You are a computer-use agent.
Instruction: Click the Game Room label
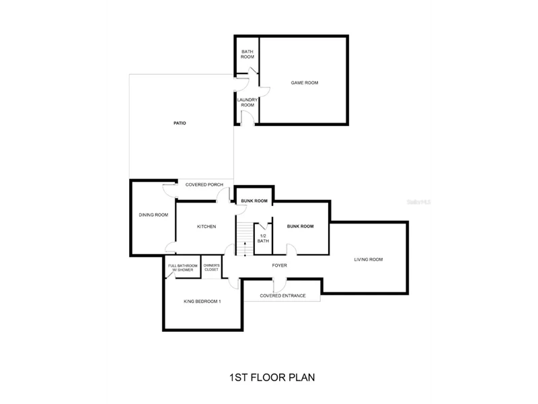point(305,83)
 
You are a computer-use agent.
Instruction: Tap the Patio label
point(180,123)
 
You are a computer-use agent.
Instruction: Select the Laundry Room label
point(247,102)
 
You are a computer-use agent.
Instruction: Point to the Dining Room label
point(153,215)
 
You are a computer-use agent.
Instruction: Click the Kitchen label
point(206,227)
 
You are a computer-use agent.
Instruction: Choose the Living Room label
point(368,260)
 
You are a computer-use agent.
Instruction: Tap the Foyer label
point(279,265)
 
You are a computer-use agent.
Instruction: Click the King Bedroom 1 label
point(202,302)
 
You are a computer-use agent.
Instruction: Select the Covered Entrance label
point(282,296)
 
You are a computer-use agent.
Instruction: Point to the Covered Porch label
point(204,184)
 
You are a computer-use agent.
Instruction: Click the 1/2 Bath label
point(263,238)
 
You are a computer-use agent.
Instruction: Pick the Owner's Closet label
point(211,267)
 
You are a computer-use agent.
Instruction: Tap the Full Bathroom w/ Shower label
point(183,268)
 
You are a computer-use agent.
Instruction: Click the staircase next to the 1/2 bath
point(245,239)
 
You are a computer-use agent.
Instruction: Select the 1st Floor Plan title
point(272,378)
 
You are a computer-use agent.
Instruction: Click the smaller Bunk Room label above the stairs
point(254,201)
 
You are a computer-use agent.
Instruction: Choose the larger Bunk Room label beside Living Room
point(300,226)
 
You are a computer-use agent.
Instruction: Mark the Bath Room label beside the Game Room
point(247,55)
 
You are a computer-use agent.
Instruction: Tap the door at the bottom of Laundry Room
point(247,118)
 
